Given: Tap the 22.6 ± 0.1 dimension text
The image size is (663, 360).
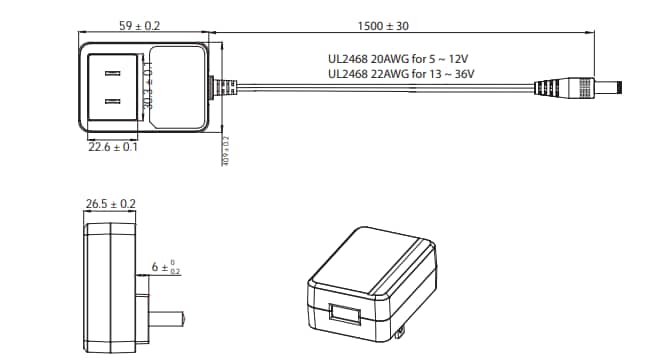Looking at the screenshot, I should (x=113, y=147).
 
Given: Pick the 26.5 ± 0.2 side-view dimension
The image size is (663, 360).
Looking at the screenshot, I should (x=111, y=203).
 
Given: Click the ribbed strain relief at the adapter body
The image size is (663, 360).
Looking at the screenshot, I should (x=225, y=87).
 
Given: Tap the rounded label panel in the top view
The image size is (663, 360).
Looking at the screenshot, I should (x=177, y=87).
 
